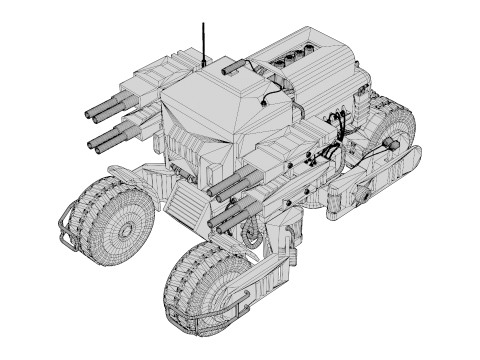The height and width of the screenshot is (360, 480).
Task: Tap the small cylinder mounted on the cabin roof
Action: click(231, 67)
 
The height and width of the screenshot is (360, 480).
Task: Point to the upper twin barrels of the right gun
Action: click(233, 184)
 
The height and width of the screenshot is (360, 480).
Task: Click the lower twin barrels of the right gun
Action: click(232, 211)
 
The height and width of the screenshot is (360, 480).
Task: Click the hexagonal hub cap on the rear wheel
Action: click(390, 145)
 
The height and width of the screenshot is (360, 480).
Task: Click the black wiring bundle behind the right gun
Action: click(330, 150)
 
